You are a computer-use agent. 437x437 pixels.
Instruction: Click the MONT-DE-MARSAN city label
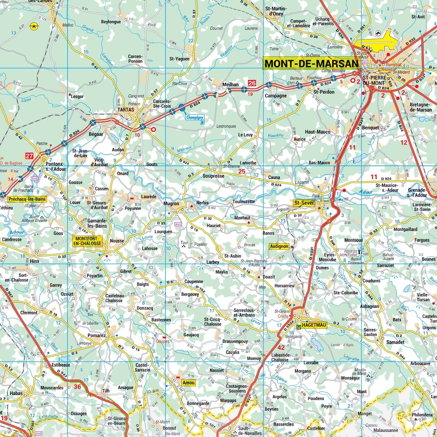pyautogui.click(x=311, y=64)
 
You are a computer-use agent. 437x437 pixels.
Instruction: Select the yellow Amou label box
pyautogui.click(x=189, y=383)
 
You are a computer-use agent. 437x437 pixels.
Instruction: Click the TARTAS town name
pyautogui.click(x=126, y=110)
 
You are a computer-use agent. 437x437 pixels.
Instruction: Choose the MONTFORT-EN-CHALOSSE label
pyautogui.click(x=88, y=241)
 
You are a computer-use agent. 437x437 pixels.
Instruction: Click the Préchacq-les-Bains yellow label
pyautogui.click(x=28, y=199)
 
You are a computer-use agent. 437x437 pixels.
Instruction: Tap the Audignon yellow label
pyautogui.click(x=279, y=246)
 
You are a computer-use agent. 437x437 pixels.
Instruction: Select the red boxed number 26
pyautogui.click(x=252, y=83)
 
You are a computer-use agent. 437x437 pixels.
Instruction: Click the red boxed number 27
pyautogui.click(x=29, y=156)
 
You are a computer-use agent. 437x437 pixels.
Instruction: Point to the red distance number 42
pyautogui.click(x=281, y=348)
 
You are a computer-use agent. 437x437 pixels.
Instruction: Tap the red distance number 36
pyautogui.click(x=77, y=387)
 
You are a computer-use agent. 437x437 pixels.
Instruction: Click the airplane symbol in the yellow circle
pyautogui.click(x=34, y=26)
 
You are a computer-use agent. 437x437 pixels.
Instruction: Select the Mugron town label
pyautogui.click(x=171, y=204)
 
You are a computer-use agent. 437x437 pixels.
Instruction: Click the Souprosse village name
pyautogui.click(x=213, y=176)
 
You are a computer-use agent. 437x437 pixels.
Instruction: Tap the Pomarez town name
pyautogui.click(x=97, y=335)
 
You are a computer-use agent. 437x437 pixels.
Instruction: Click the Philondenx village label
pyautogui.click(x=422, y=415)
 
